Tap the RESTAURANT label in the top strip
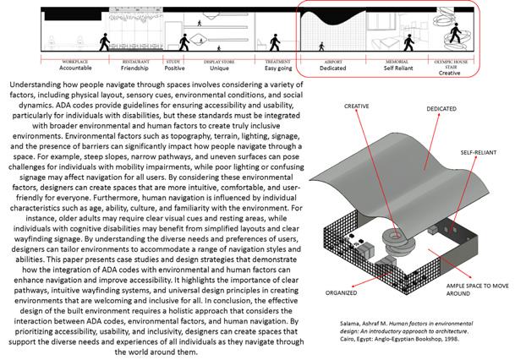136,62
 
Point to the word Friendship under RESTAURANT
136,68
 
